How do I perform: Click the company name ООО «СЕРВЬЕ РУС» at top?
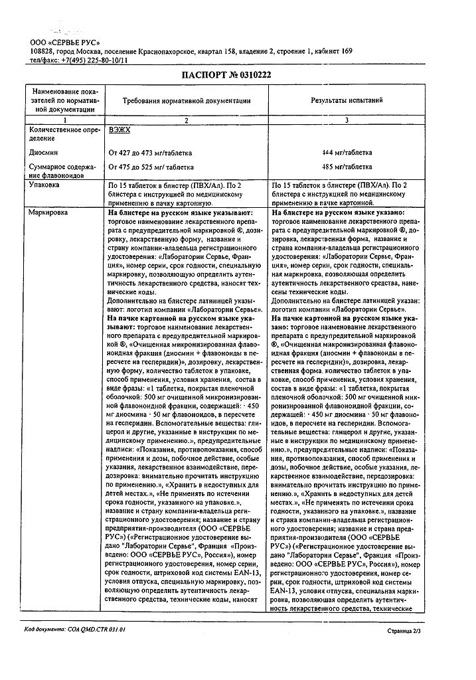[64, 42]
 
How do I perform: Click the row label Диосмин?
[42, 151]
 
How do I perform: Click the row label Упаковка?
[42, 185]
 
